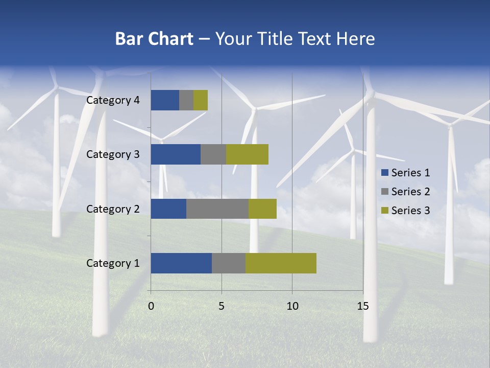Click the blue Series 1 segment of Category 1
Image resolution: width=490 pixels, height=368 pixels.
point(181,263)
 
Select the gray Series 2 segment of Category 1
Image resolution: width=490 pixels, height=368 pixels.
point(229,263)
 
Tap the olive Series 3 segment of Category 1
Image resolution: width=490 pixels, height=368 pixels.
point(281,263)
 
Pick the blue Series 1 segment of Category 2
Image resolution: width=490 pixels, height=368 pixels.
point(168,209)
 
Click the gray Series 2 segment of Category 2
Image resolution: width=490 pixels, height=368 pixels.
point(217,209)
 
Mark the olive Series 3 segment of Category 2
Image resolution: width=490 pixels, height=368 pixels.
point(262,209)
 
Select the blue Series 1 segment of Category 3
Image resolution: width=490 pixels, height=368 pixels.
point(176,154)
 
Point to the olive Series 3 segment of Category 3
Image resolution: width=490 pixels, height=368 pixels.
point(247,154)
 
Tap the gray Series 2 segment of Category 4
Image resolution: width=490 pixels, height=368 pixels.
point(186,100)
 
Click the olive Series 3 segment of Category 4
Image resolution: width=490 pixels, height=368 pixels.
point(201,100)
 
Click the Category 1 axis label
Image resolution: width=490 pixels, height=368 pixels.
point(113,263)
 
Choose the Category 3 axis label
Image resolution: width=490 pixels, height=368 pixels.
point(113,154)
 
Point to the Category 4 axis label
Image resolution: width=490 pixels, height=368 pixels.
point(113,100)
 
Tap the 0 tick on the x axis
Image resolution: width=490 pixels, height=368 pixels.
point(151,306)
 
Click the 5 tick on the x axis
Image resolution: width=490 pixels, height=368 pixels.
point(222,306)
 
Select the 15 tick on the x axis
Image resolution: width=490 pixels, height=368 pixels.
point(362,306)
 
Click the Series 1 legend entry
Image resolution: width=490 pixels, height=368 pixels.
point(406,173)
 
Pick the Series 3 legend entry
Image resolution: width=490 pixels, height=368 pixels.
point(406,211)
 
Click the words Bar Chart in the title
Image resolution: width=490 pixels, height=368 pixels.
point(154,39)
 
